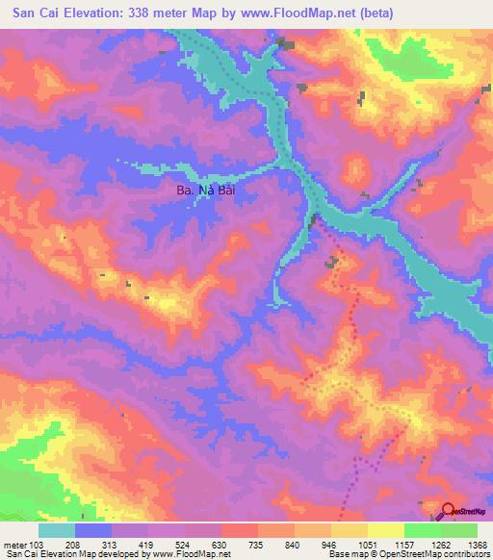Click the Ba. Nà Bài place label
point(205,191)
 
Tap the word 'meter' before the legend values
point(14,544)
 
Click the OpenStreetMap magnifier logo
point(448,513)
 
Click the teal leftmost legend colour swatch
point(57,530)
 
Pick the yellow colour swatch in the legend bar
point(385,530)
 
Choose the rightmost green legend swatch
point(458,530)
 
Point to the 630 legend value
point(221,544)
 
